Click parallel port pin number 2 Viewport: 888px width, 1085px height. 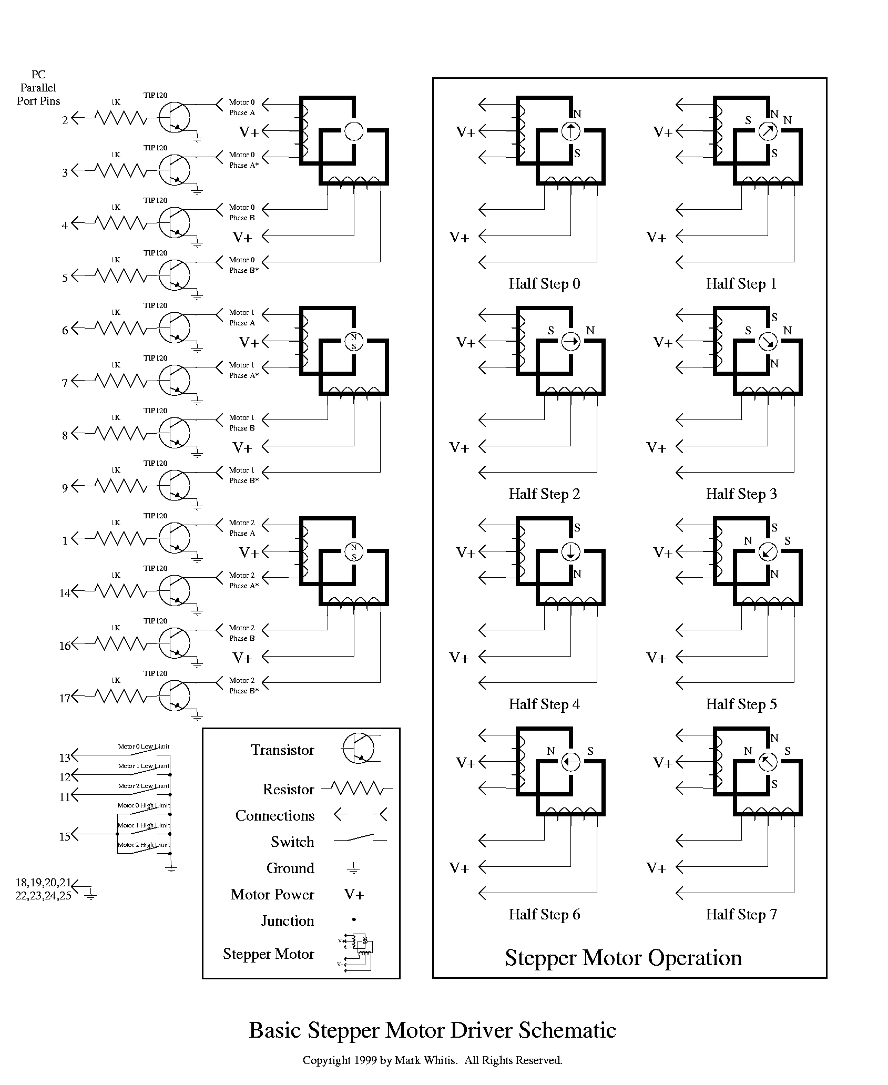(65, 120)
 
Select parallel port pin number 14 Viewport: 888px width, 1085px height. (65, 593)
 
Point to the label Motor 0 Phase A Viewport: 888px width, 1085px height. (242, 107)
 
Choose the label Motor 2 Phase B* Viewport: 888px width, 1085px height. (243, 685)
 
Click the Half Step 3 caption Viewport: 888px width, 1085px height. (741, 494)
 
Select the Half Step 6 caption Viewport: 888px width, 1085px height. (544, 915)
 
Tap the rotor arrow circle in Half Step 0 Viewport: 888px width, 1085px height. (570, 131)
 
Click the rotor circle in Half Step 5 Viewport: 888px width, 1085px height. (768, 551)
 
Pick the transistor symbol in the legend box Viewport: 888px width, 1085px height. (358, 749)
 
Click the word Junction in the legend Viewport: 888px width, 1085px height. (288, 921)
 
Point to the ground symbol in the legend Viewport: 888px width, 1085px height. (354, 868)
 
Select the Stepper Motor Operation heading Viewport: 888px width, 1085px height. (623, 958)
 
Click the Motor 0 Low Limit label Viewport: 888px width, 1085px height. (143, 746)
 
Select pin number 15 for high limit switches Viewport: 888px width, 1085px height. (65, 837)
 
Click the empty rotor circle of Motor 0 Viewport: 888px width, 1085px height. (353, 131)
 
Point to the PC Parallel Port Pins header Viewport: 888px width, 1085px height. (38, 88)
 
